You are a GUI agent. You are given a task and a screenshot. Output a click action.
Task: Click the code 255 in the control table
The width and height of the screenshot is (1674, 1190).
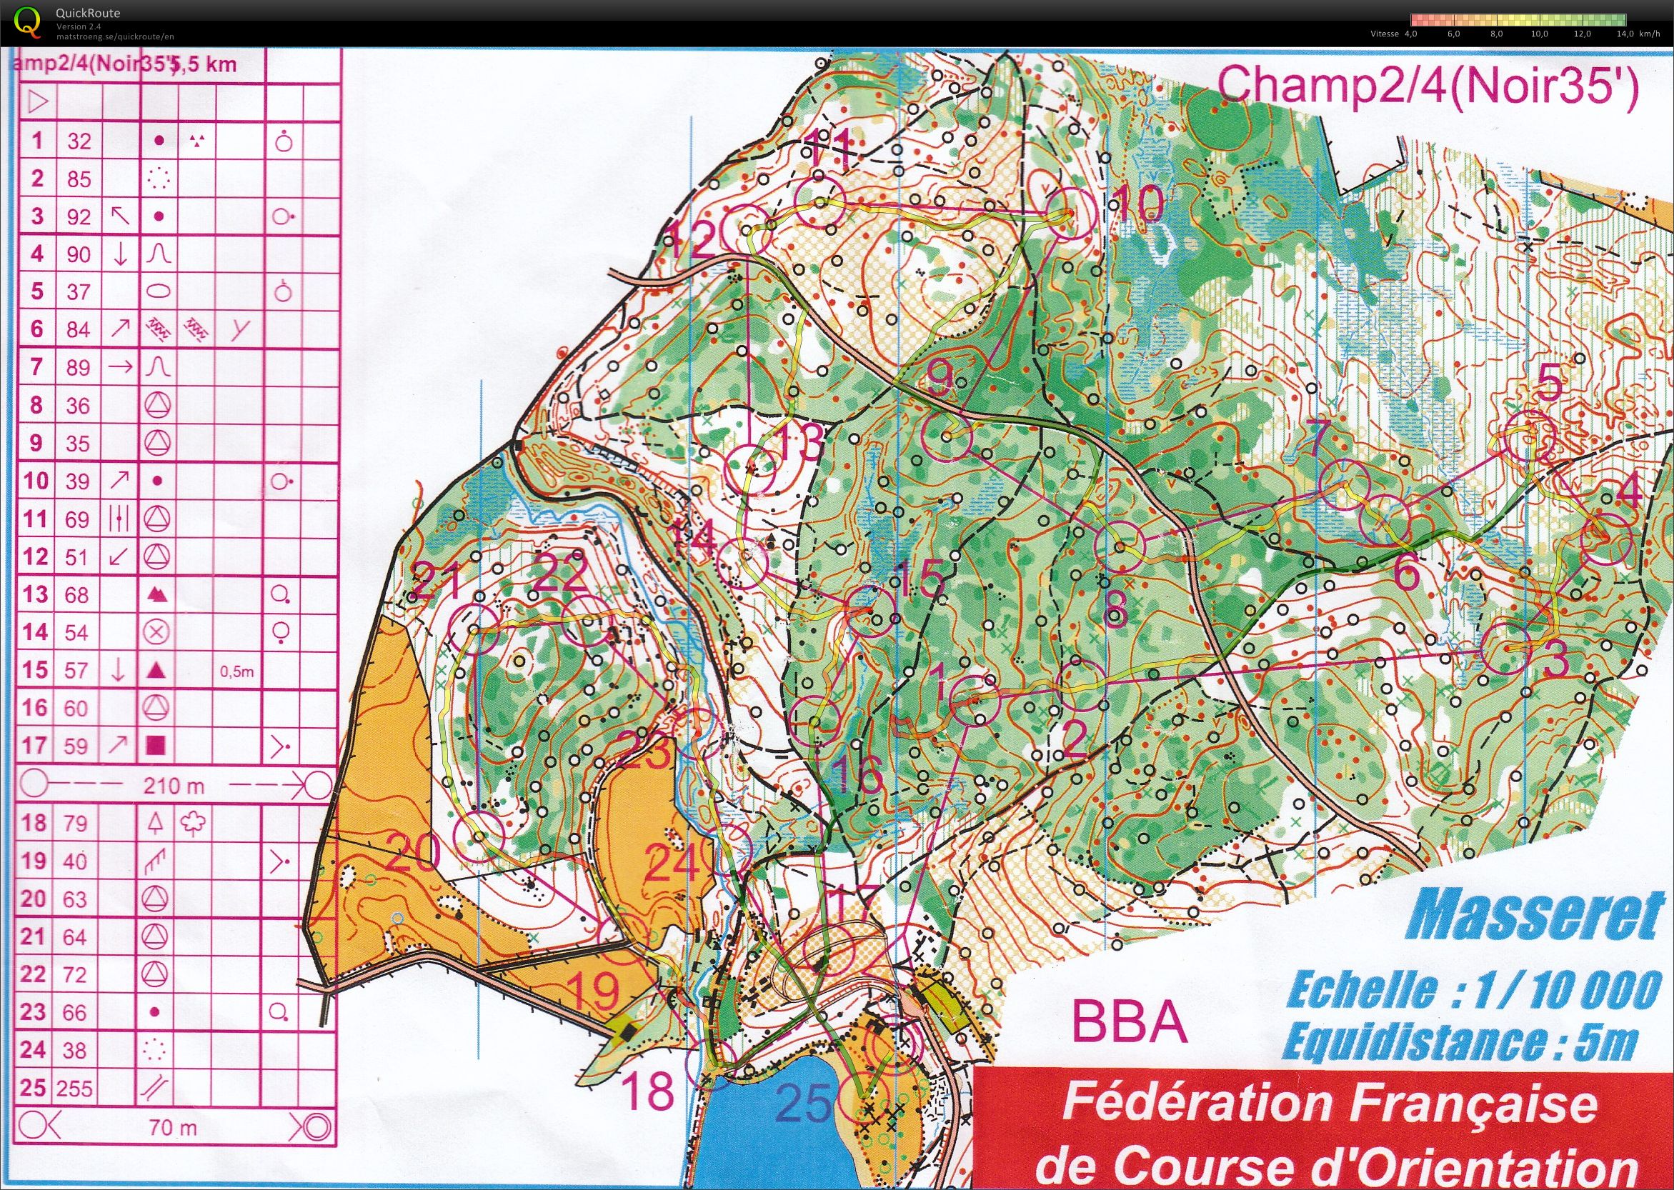(76, 1088)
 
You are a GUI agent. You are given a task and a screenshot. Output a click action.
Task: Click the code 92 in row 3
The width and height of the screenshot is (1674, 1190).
(79, 217)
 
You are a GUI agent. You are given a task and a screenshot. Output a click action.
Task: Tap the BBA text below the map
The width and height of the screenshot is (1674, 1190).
(1130, 1023)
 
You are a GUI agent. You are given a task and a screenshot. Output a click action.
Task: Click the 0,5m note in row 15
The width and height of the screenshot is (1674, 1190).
(236, 671)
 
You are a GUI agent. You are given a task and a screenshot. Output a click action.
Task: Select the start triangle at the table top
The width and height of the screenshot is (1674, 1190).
(37, 101)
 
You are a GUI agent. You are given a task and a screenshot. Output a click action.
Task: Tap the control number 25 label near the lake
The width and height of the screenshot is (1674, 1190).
(804, 1104)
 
